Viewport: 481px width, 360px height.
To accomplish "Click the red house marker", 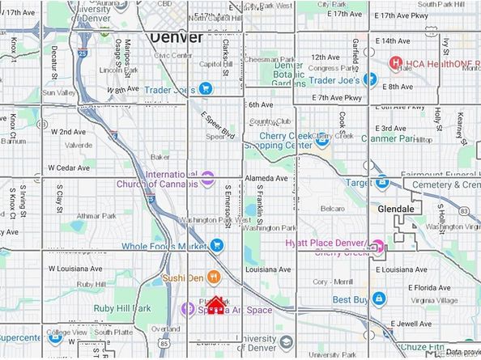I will tap(215, 307).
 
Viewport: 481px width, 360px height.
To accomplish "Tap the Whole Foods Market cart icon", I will tap(216, 245).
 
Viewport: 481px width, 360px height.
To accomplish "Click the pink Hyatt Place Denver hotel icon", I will tap(377, 246).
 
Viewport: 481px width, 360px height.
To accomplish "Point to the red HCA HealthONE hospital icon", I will tap(396, 63).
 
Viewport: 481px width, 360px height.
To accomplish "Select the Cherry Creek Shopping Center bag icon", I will tap(321, 139).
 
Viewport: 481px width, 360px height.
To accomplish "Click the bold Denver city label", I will tap(176, 38).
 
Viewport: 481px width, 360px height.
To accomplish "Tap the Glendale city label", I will tap(396, 208).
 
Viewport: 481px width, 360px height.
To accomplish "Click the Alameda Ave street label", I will tap(267, 179).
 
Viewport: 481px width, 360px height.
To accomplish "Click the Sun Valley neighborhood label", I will tap(59, 93).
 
